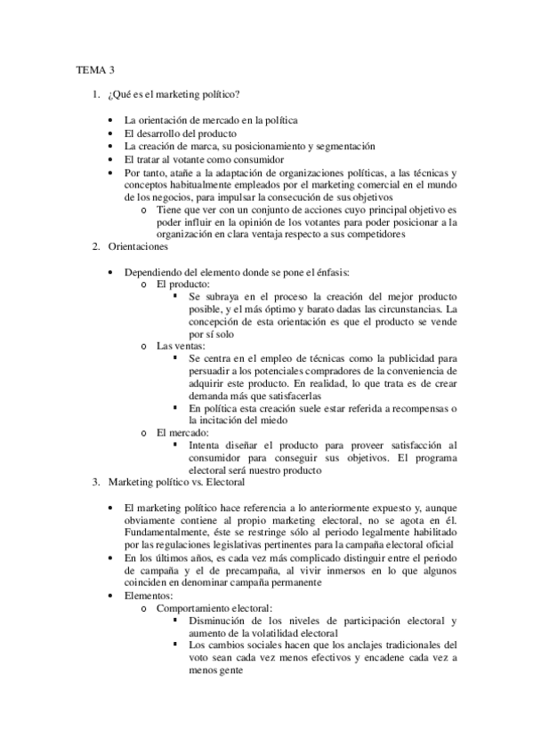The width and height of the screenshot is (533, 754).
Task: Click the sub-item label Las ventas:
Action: coord(181,345)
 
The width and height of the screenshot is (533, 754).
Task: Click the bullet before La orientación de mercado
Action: coord(110,120)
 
